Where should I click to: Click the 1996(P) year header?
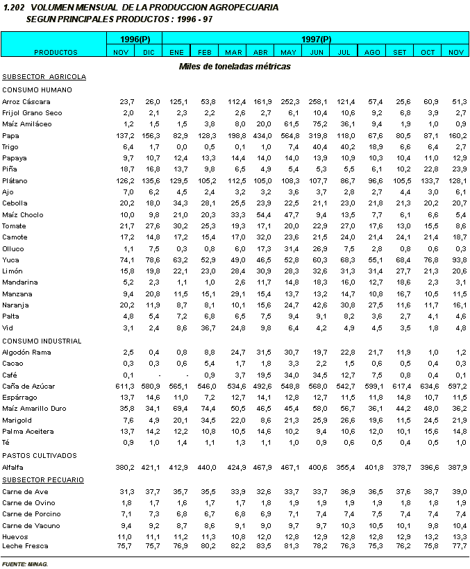tap(135, 39)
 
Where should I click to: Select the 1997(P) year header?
tap(316, 39)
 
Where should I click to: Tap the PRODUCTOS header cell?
tap(55, 52)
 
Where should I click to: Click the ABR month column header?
tap(260, 52)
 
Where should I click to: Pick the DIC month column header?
tap(149, 52)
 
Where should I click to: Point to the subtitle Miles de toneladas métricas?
tap(235, 67)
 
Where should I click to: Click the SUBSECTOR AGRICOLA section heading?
tap(44, 77)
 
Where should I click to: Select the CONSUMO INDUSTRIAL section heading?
tap(42, 341)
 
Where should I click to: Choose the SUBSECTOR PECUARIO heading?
tap(43, 479)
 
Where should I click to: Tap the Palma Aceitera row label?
tap(28, 432)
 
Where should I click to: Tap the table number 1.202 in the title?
tap(14, 7)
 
